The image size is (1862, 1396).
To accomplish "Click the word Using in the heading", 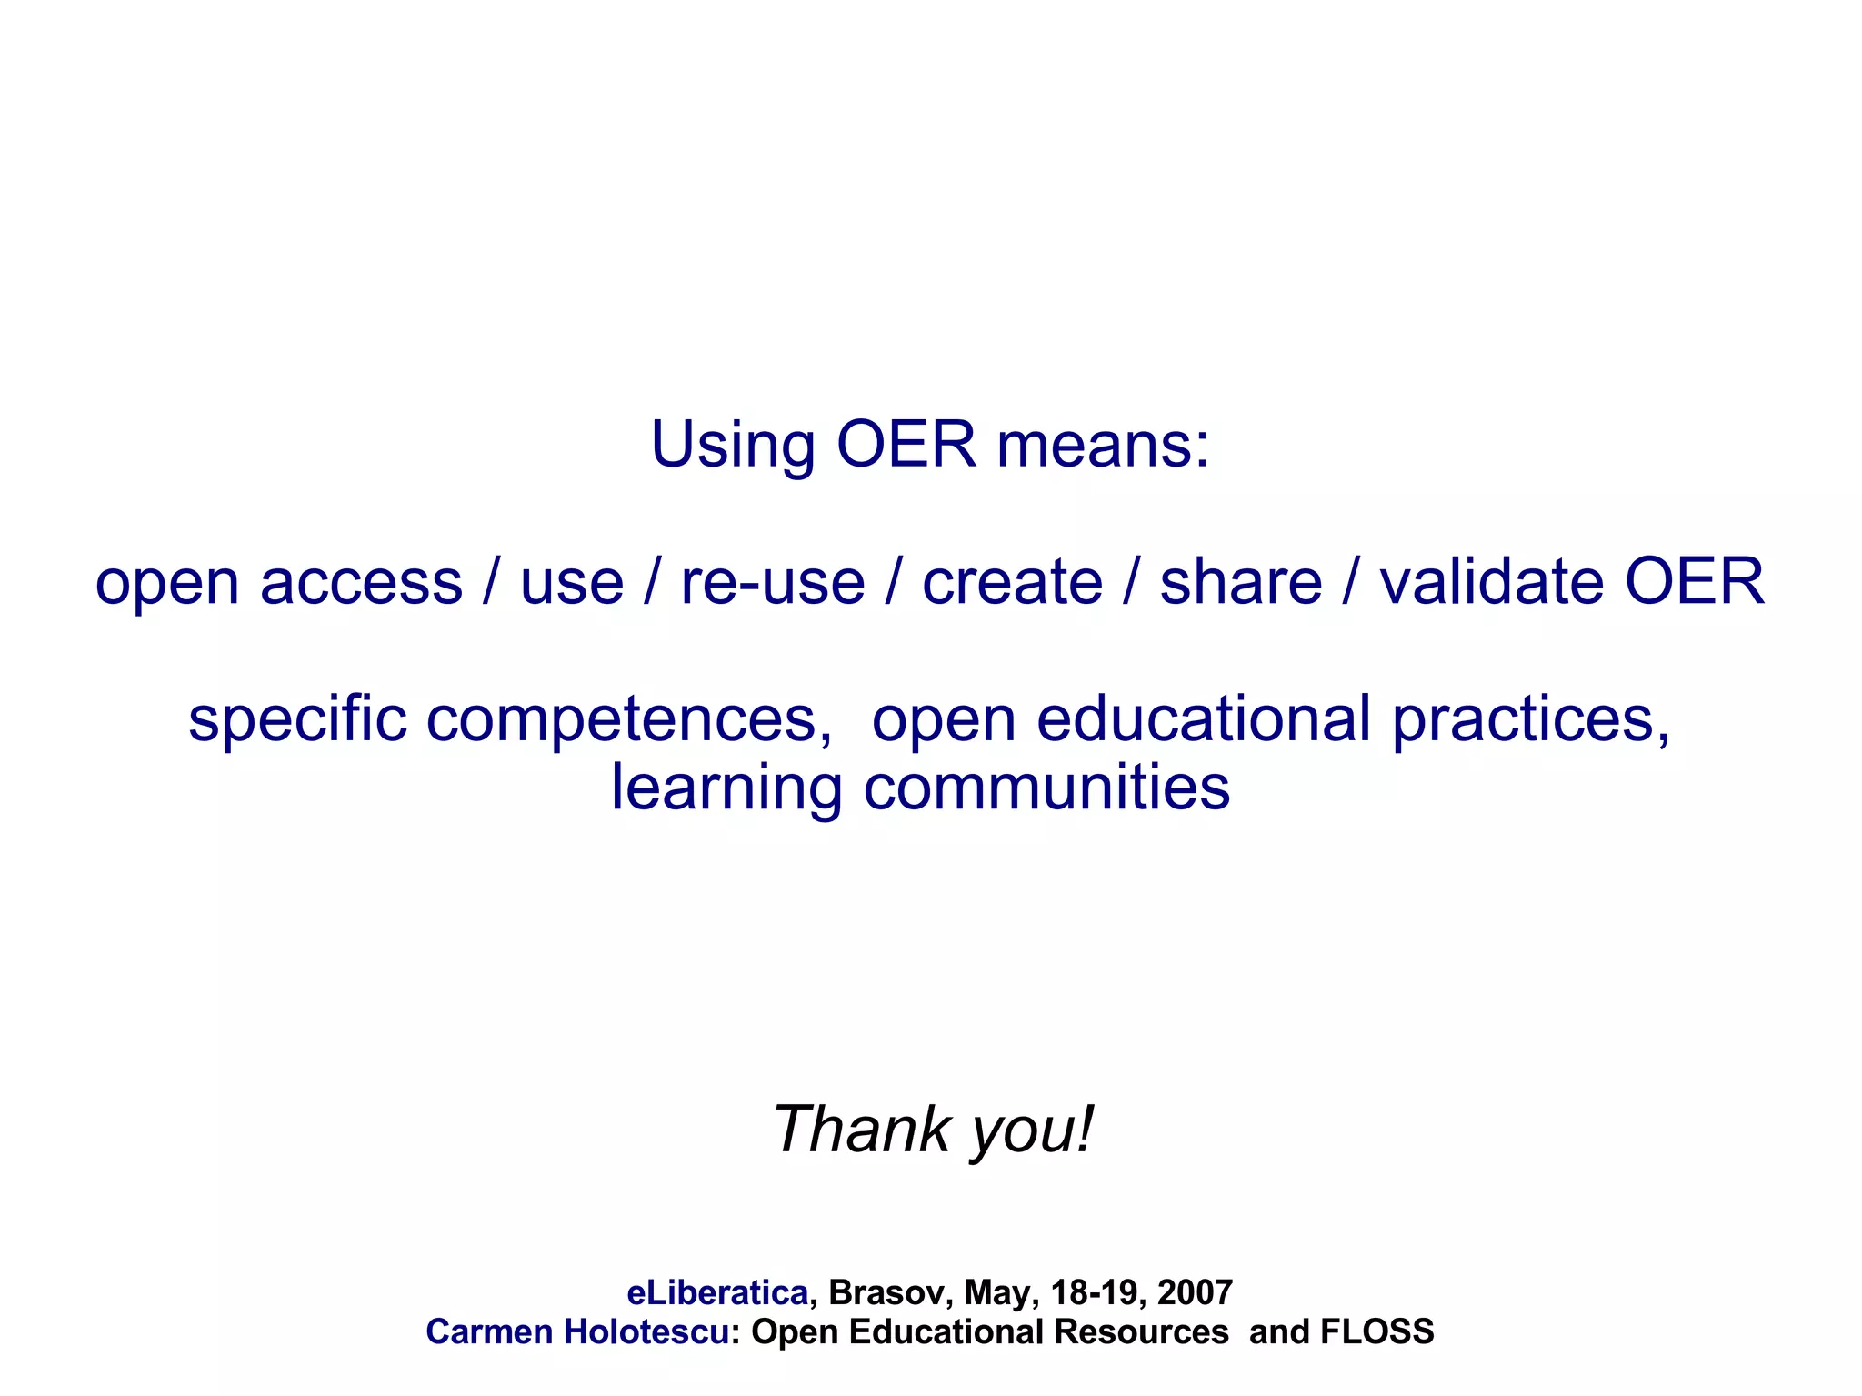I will pyautogui.click(x=733, y=446).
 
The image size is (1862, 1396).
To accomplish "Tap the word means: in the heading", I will pyautogui.click(x=1104, y=446).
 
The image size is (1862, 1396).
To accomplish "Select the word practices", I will pyautogui.click(x=1531, y=720).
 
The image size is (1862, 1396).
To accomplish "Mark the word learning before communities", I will pyautogui.click(x=726, y=789).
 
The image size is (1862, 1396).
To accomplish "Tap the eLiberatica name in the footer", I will pyautogui.click(x=717, y=1292).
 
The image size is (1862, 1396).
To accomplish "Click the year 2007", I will pyautogui.click(x=1195, y=1292).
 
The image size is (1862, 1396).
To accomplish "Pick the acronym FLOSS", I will pyautogui.click(x=1376, y=1332).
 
